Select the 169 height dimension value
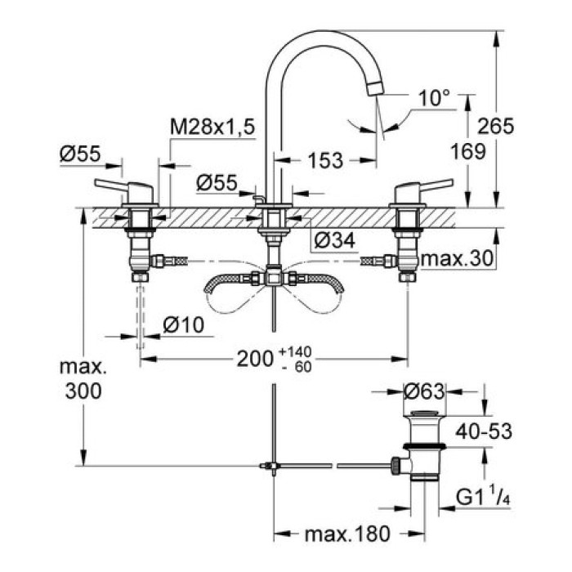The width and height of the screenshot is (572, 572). (467, 150)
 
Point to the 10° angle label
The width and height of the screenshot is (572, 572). (434, 98)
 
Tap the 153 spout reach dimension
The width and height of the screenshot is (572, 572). (325, 161)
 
